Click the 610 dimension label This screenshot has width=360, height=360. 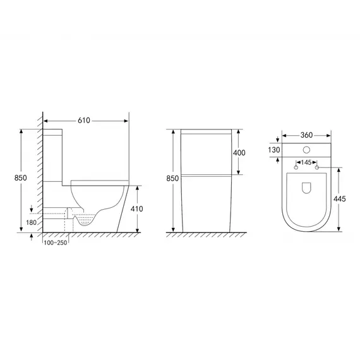tap(84, 121)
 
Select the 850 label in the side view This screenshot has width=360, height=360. tap(20, 177)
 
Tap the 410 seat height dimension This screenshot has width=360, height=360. tap(137, 208)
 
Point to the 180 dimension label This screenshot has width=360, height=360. tap(31, 222)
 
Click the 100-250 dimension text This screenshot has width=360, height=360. tap(56, 243)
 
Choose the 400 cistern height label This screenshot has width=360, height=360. tap(239, 153)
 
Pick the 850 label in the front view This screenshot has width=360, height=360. tap(172, 178)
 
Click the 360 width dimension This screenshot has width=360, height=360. tap(307, 135)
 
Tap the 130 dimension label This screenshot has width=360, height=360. tap(274, 150)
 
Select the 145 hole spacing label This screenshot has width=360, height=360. tap(306, 162)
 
